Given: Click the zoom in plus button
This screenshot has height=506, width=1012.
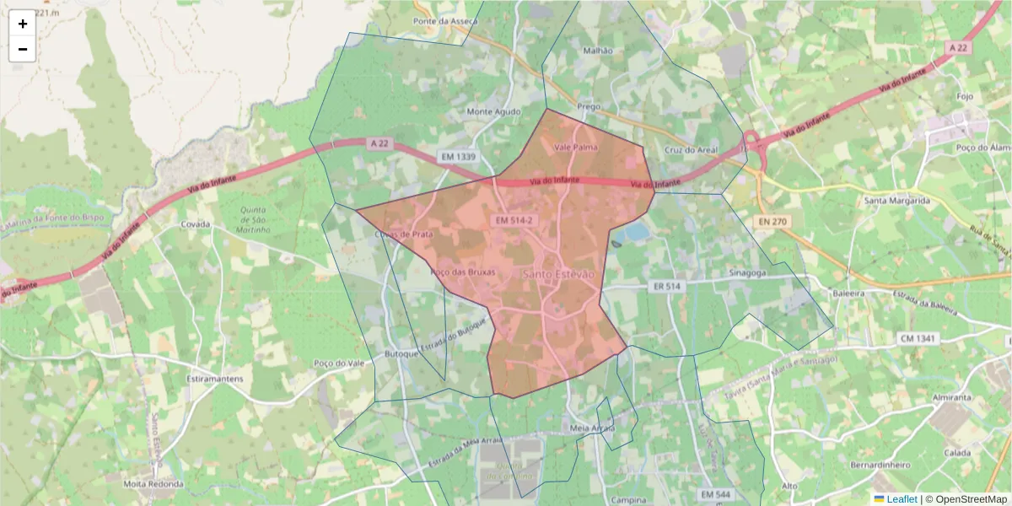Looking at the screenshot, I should click(x=23, y=24).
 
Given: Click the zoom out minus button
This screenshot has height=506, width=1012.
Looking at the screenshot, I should click(x=23, y=49).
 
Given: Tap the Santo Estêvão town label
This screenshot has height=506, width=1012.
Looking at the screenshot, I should click(x=558, y=275).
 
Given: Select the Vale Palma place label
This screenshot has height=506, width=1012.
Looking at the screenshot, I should click(x=575, y=147).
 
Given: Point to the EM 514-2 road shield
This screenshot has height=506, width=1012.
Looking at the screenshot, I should click(x=514, y=220).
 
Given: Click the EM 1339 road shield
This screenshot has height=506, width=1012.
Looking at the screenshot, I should click(x=458, y=157).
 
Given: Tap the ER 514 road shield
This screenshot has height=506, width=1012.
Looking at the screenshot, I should click(x=666, y=287).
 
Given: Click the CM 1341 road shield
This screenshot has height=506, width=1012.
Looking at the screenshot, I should click(x=918, y=338).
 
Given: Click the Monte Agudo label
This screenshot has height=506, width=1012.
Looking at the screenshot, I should click(x=493, y=111).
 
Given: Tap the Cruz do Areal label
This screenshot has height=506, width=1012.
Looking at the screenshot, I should click(x=692, y=150).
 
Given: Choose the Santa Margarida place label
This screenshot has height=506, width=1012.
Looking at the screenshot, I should click(x=896, y=201).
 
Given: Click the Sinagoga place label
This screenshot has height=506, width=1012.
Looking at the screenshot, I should click(x=748, y=273).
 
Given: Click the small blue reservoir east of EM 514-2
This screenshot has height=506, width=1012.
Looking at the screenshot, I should click(x=638, y=231).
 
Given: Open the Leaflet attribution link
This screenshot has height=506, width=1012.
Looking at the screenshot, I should click(x=901, y=499).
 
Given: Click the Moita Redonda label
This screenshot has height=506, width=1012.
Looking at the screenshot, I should click(x=153, y=484).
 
